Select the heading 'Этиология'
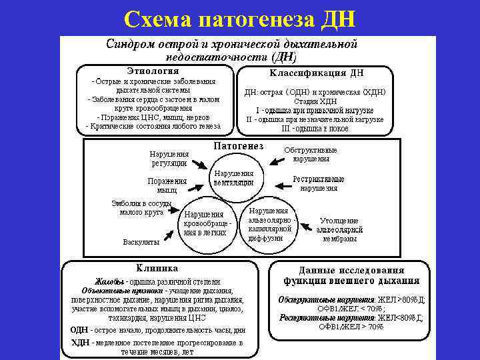[153, 71]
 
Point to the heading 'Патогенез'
[238, 146]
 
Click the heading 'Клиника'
[157, 268]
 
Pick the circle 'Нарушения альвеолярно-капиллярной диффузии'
[268, 224]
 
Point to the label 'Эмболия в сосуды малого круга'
[141, 208]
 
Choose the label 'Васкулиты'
[141, 241]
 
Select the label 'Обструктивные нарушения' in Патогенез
[311, 154]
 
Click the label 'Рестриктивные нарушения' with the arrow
[318, 183]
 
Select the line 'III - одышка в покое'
[315, 129]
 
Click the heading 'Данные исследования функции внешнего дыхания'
[351, 275]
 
